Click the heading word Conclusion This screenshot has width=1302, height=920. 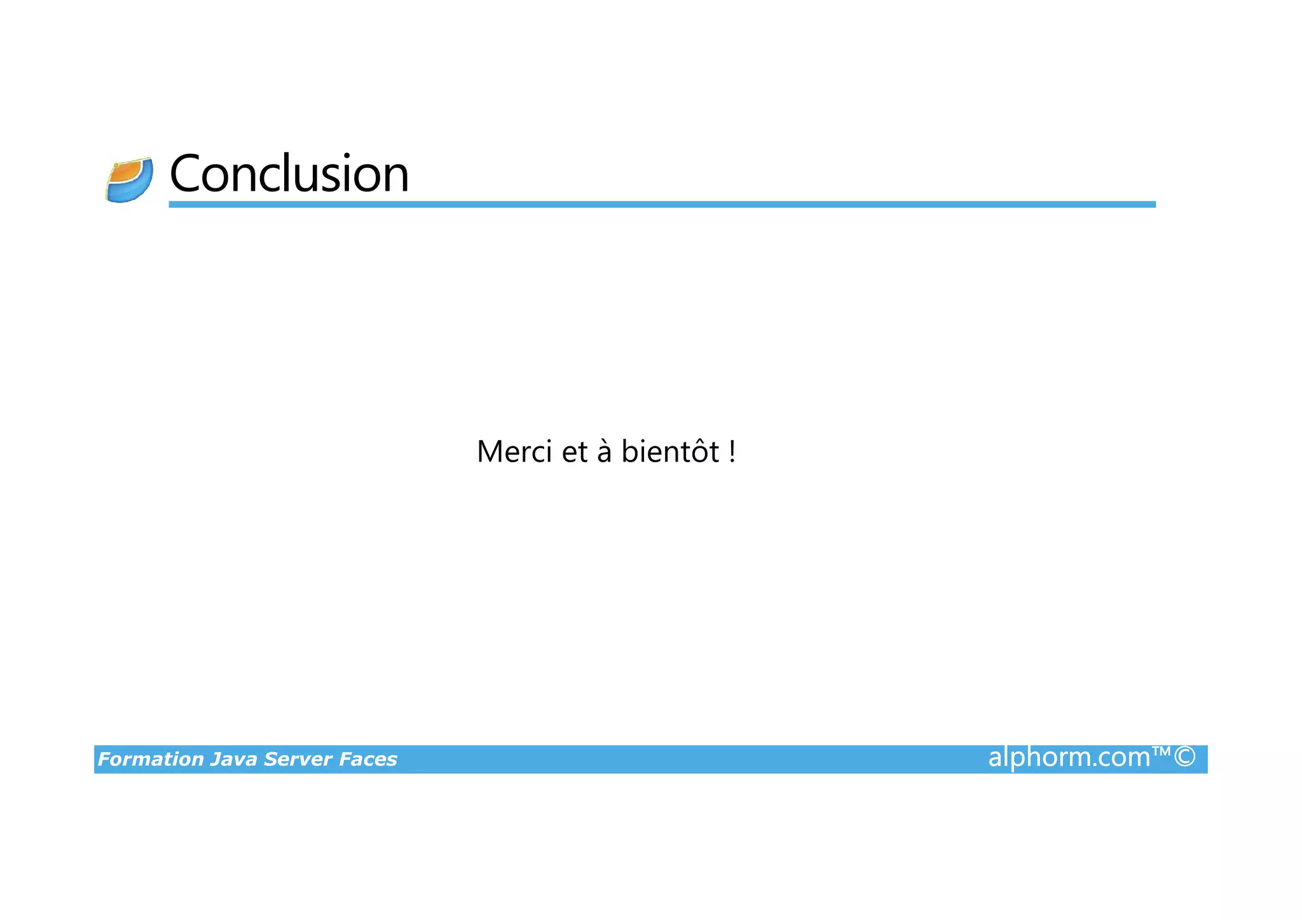289,174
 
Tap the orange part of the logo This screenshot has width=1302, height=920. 125,172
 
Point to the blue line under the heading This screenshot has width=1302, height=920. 661,204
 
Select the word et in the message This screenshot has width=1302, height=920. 575,452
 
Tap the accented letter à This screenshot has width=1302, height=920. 604,452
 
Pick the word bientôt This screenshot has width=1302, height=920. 670,452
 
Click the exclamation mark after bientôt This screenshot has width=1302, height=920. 732,452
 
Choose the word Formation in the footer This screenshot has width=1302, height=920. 151,759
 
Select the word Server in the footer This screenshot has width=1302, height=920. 298,759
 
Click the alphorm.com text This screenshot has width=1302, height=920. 1069,757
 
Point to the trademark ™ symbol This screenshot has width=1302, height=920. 1161,752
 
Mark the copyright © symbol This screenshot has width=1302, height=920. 1184,757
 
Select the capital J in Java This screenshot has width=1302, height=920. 216,759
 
